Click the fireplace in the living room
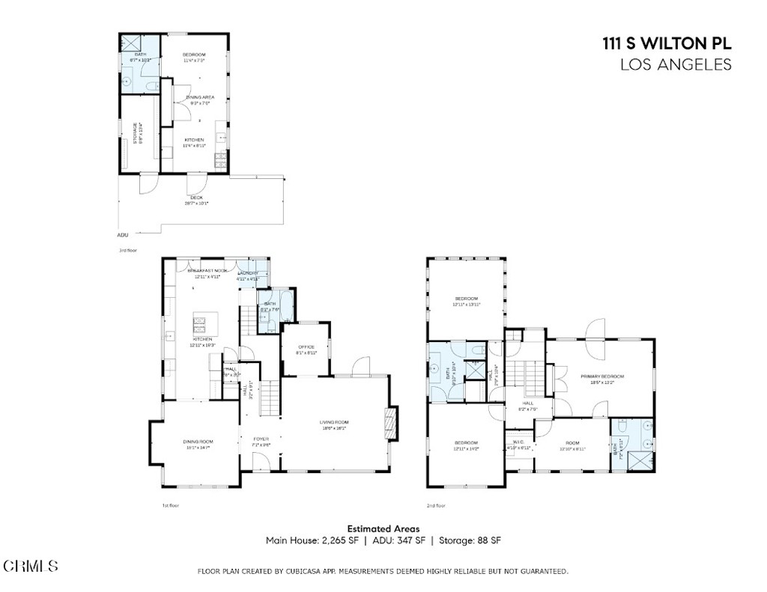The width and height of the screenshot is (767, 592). tap(388, 422)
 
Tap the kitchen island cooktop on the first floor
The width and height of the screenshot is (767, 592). tap(200, 324)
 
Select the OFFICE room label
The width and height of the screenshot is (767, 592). tap(306, 347)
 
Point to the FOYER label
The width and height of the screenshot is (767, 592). tap(261, 439)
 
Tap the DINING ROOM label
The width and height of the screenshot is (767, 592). tap(199, 441)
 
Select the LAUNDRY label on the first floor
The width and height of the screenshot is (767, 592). tap(248, 273)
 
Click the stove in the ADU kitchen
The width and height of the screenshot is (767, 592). tap(220, 160)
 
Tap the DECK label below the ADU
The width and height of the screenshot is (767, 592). tap(196, 198)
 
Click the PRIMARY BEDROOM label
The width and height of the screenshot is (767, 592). tap(601, 376)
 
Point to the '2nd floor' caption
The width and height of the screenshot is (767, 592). tap(436, 505)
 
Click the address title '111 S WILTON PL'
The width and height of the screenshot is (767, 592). tap(667, 43)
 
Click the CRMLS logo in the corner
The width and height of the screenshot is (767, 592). tap(31, 566)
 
